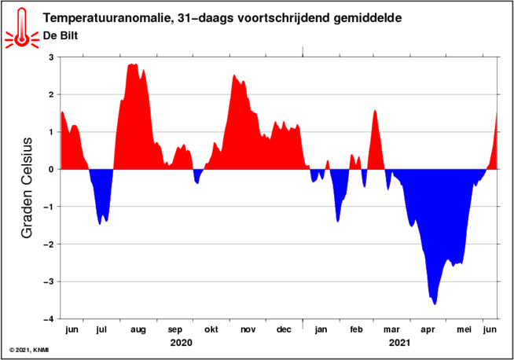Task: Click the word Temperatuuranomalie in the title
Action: tap(108, 18)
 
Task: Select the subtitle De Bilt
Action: tap(61, 35)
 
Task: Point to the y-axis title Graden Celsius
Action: tap(27, 188)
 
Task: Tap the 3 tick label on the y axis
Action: tap(51, 57)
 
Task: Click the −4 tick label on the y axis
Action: tap(49, 319)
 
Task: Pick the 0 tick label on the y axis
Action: tap(51, 170)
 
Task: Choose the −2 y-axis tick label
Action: tap(49, 244)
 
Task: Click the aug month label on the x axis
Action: tap(138, 330)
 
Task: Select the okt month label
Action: tap(211, 329)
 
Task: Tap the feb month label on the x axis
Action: tap(356, 329)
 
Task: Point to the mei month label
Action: tap(464, 329)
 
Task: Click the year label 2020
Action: tap(182, 343)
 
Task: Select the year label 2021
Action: tap(399, 343)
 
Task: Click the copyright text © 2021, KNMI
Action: tap(29, 351)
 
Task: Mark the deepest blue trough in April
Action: tap(435, 304)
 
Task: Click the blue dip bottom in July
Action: tap(100, 224)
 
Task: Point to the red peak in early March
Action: tap(375, 111)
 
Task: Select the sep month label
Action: tap(174, 330)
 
